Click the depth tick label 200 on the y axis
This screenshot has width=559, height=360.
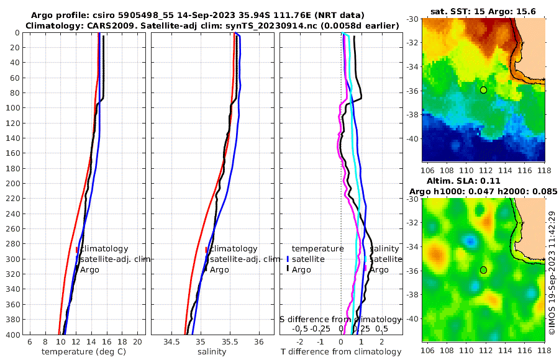12,184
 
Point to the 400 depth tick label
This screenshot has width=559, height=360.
12,334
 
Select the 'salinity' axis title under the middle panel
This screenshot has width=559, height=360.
212,352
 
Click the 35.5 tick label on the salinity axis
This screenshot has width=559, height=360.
230,342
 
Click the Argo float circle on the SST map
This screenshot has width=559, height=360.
483,90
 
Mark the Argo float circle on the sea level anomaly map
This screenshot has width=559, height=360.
483,270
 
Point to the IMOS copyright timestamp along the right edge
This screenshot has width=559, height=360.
552,272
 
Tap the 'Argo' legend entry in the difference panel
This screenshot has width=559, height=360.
301,270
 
